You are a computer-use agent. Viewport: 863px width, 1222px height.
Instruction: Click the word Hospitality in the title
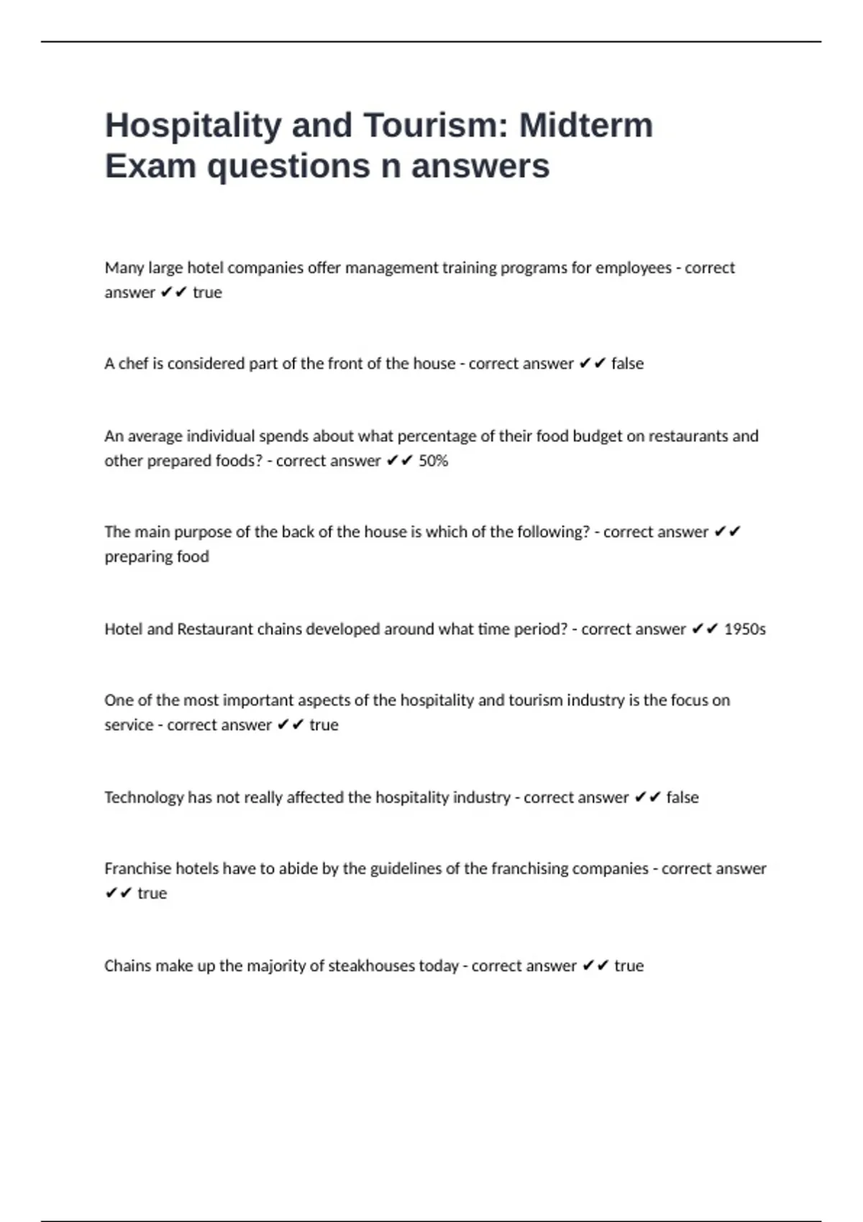193,126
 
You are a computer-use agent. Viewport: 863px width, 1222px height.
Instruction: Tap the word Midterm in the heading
586,125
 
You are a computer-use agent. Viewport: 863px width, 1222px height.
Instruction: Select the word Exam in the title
150,166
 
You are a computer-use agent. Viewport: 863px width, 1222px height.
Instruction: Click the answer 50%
433,461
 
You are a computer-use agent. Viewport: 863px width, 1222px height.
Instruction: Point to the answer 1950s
744,629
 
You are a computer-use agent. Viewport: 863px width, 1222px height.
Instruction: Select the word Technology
144,797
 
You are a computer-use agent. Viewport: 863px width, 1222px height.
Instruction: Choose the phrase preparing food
157,556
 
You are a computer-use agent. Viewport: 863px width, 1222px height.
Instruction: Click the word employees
634,268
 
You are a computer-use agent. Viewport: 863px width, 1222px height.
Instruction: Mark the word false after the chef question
627,364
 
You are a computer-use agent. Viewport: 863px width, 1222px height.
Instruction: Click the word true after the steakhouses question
629,965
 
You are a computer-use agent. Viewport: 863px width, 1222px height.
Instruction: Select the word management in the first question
391,268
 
